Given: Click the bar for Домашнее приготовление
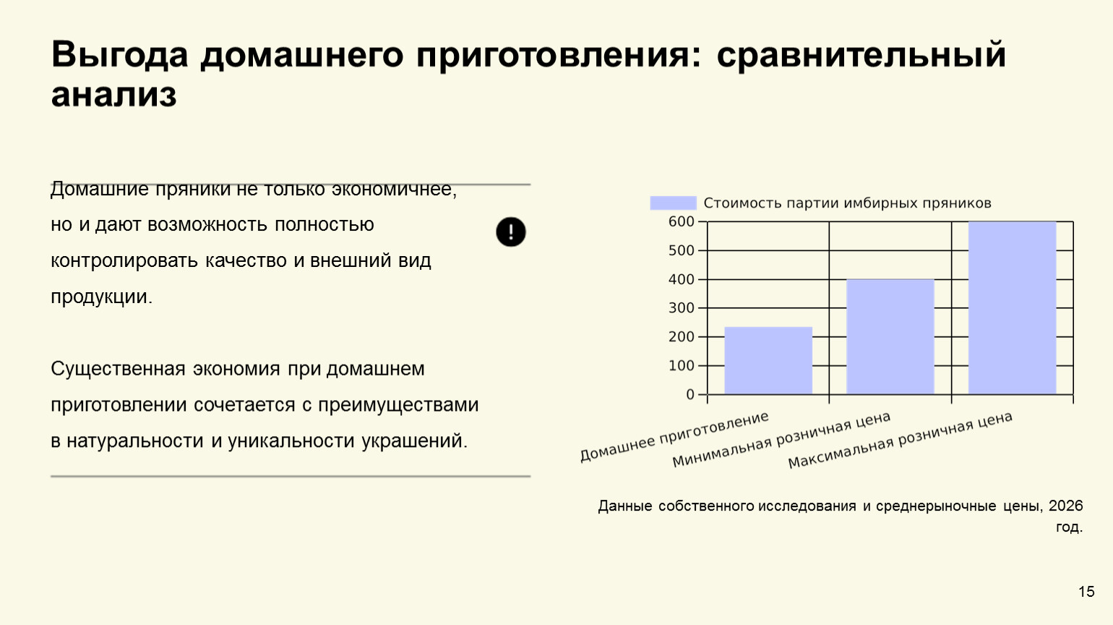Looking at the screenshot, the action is click(768, 360).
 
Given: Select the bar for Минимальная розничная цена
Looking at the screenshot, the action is click(890, 337).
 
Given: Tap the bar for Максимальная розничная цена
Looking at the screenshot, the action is click(1012, 308).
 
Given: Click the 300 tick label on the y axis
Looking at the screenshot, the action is click(682, 308).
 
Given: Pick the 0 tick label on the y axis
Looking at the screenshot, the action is click(690, 395).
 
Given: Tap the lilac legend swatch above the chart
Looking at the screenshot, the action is click(674, 203).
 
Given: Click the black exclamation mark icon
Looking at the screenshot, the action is click(511, 231).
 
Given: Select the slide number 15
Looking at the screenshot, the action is click(1086, 592).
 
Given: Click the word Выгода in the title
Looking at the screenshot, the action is click(120, 54).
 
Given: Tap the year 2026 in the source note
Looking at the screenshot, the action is click(1065, 506).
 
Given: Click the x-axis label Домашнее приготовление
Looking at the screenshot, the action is click(674, 436).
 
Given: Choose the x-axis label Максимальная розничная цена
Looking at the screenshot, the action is click(900, 440).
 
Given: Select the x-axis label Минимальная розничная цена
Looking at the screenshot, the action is click(781, 440).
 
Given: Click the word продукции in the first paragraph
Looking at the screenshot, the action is click(101, 297).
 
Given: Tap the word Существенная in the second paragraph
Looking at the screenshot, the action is click(119, 369).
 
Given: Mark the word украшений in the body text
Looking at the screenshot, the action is click(414, 441).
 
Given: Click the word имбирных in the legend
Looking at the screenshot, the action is click(880, 203).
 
